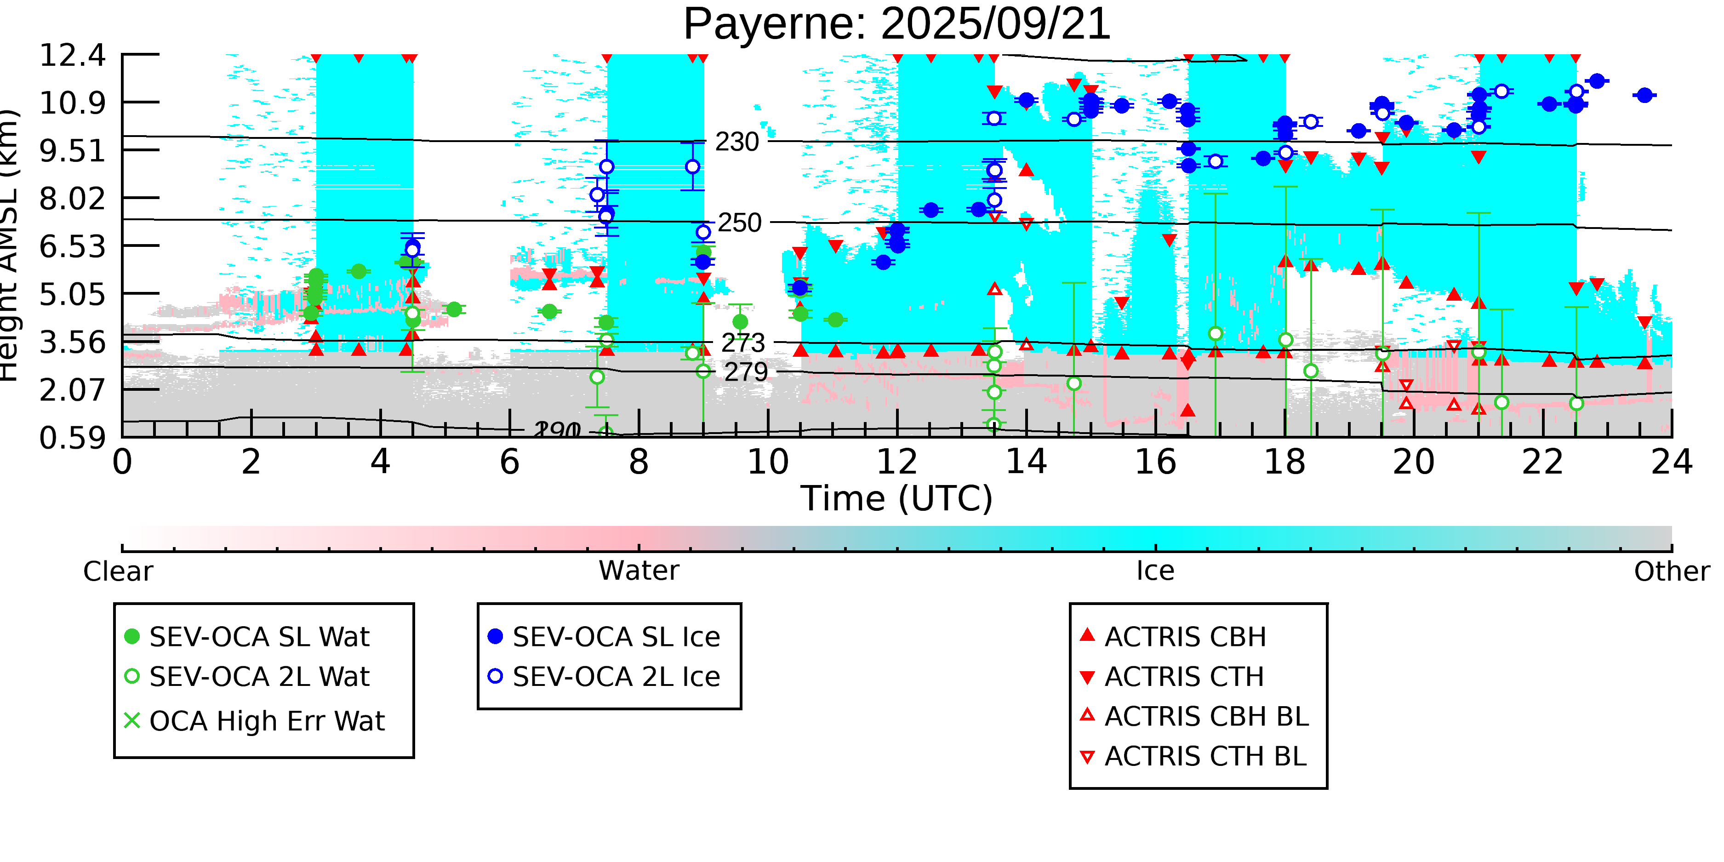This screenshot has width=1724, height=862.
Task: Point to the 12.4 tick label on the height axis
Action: click(x=72, y=55)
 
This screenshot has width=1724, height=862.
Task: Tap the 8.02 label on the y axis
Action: click(x=72, y=199)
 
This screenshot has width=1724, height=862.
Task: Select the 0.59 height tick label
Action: click(x=72, y=439)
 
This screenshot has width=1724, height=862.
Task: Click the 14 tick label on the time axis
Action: click(x=1026, y=462)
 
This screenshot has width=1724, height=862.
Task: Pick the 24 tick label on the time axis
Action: click(x=1671, y=462)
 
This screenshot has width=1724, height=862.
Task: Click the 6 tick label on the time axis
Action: click(x=509, y=462)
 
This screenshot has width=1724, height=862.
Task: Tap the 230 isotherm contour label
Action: click(x=737, y=142)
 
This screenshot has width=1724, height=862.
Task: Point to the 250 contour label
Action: click(x=740, y=223)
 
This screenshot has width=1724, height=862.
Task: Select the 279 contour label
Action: click(x=746, y=372)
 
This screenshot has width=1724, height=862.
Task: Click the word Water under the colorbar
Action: click(x=639, y=571)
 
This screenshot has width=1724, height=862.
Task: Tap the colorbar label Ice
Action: click(x=1155, y=571)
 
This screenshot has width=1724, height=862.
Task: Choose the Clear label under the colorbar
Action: click(x=118, y=571)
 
